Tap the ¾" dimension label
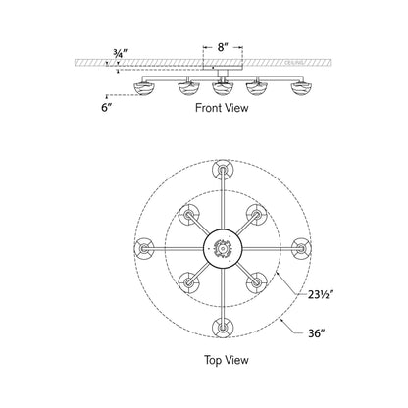click(x=119, y=54)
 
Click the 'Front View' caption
click(x=223, y=110)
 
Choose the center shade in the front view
click(x=223, y=91)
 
